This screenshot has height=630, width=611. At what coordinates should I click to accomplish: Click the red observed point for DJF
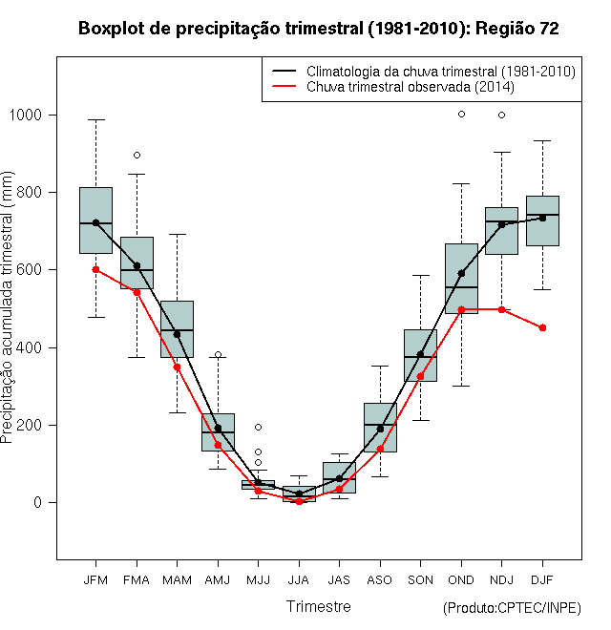tap(542, 327)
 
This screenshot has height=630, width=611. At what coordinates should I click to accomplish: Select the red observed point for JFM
tap(95, 269)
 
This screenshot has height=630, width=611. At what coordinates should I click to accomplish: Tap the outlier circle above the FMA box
tap(137, 155)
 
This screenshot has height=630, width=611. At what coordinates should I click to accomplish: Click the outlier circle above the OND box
tap(461, 115)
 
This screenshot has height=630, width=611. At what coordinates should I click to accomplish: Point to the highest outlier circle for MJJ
tap(259, 427)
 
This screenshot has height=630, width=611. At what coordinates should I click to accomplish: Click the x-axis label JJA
tap(299, 580)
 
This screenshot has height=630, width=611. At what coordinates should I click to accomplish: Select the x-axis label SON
tap(420, 580)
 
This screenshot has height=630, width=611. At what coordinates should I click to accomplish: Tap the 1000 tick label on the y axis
tap(26, 115)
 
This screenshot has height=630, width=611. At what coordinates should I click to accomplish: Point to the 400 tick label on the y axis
tap(30, 347)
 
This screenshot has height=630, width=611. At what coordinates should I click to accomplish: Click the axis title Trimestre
tap(318, 606)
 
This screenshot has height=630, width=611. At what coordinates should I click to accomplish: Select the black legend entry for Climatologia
tap(424, 72)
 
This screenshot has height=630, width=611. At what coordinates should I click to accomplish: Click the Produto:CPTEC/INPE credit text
tap(512, 608)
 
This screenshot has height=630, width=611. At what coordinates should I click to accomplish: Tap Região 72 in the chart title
tap(516, 29)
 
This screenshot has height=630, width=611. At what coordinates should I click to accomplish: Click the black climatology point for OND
tap(461, 274)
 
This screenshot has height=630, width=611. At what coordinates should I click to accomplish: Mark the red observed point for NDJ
tap(501, 309)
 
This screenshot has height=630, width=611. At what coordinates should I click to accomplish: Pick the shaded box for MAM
tap(177, 329)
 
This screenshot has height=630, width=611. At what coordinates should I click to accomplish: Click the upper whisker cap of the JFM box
tap(96, 119)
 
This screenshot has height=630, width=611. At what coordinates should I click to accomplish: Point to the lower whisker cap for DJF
tap(542, 289)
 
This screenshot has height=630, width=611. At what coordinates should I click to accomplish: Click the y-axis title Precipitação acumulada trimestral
tap(7, 307)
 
